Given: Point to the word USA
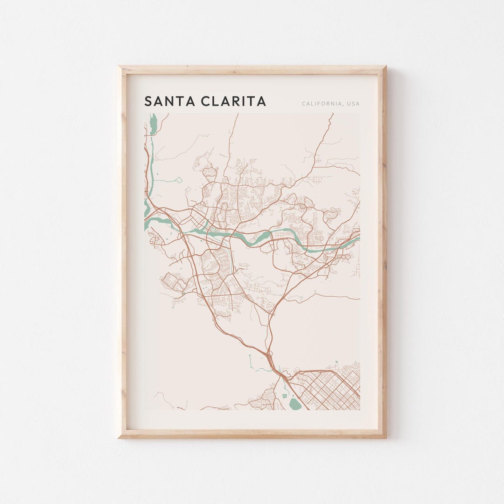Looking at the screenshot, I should [353, 104].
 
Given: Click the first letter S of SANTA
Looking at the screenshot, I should [148, 101].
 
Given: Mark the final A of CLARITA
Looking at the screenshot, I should [261, 101].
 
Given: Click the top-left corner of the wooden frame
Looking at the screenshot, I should [119, 67].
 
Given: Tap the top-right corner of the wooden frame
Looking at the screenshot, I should [385, 67].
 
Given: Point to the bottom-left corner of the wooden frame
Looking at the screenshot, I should [119, 437].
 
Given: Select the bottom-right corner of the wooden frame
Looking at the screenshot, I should [385, 437].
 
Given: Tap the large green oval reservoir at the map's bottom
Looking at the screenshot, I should [294, 404].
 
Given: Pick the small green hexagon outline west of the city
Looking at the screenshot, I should [178, 179].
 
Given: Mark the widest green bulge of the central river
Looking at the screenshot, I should [264, 237].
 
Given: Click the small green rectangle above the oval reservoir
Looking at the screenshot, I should [285, 396].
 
